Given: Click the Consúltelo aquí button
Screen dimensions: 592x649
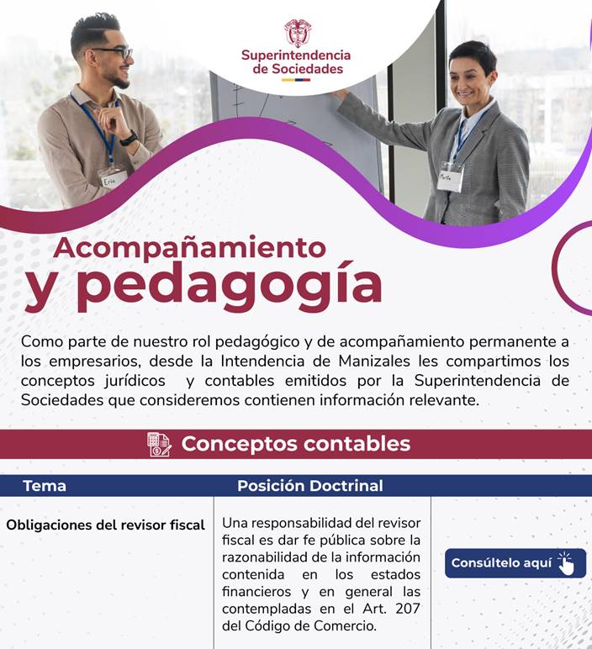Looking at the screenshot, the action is [x=515, y=563].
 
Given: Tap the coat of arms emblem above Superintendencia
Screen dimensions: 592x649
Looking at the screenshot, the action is [x=298, y=33].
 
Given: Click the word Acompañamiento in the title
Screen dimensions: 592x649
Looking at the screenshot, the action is [x=189, y=247].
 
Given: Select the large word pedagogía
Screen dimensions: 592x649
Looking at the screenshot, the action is [x=229, y=287].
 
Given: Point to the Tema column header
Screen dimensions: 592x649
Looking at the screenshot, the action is [x=45, y=486].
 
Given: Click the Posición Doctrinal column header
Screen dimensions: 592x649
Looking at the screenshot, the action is [x=310, y=486].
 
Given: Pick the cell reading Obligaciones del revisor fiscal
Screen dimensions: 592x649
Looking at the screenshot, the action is [x=106, y=525].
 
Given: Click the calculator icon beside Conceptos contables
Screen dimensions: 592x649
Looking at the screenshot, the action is [x=160, y=444].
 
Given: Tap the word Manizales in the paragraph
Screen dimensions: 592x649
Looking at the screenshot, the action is [x=374, y=361].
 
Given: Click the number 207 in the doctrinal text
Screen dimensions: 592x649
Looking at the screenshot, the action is [x=408, y=609].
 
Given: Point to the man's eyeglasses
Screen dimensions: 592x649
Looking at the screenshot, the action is [x=115, y=52].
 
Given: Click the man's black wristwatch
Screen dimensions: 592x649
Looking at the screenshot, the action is [x=129, y=138].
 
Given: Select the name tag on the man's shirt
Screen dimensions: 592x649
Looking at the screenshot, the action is [x=112, y=178].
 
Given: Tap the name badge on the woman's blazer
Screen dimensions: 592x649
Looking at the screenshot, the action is [x=451, y=177].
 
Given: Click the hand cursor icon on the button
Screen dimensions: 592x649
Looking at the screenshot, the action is [x=566, y=563].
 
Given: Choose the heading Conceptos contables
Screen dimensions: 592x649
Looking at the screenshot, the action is [x=296, y=444].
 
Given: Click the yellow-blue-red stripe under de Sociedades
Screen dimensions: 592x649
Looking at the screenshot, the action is [x=296, y=80].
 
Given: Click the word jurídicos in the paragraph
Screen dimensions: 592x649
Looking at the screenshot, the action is [x=135, y=381].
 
